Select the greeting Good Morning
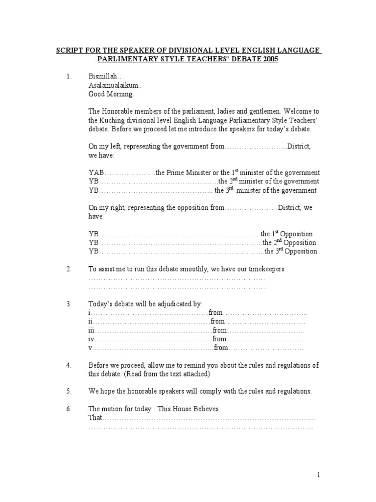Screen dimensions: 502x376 click(110, 94)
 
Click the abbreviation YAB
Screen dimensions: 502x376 click(96, 173)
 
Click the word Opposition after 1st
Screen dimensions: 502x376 click(296, 234)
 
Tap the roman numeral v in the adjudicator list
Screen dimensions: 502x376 click(90, 348)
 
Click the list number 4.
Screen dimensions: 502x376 click(69, 366)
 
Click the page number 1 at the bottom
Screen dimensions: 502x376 click(318, 475)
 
